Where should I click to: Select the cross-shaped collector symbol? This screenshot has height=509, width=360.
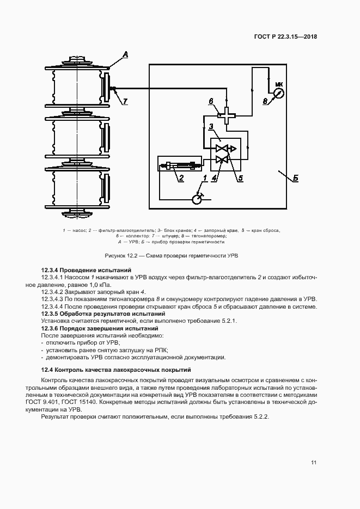pyautogui.click(x=223, y=115)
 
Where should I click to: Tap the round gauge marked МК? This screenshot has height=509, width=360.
pyautogui.click(x=278, y=93)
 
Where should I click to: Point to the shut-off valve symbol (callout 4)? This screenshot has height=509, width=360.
pyautogui.click(x=221, y=160)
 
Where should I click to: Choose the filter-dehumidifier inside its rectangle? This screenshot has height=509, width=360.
pyautogui.click(x=179, y=163)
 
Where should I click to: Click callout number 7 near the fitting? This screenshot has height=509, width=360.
pyautogui.click(x=125, y=101)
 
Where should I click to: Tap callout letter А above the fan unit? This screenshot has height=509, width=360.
pyautogui.click(x=125, y=53)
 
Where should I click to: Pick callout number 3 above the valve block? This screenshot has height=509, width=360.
pyautogui.click(x=210, y=127)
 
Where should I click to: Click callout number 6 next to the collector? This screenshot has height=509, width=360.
pyautogui.click(x=211, y=101)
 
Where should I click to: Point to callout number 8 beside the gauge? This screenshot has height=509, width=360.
pyautogui.click(x=265, y=101)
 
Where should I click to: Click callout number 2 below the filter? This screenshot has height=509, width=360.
pyautogui.click(x=181, y=177)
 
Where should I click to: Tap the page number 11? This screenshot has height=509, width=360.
pyautogui.click(x=314, y=463)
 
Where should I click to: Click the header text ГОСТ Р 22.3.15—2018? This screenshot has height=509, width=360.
pyautogui.click(x=285, y=38)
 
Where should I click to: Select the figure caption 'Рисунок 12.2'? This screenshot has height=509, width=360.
pyautogui.click(x=123, y=255)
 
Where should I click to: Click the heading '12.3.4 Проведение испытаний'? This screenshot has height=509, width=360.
pyautogui.click(x=87, y=271)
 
